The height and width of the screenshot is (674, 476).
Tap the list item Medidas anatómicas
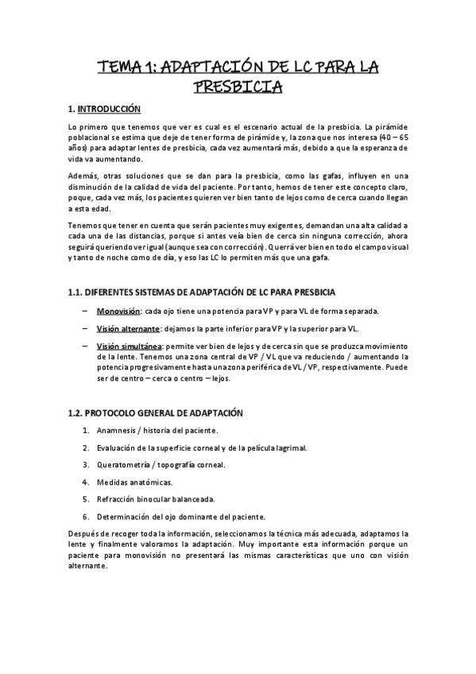[x=134, y=482]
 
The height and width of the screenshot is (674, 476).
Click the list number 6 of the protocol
[x=86, y=517]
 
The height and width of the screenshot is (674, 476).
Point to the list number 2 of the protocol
[x=86, y=447]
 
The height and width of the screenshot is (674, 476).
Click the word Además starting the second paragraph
[x=83, y=175]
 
